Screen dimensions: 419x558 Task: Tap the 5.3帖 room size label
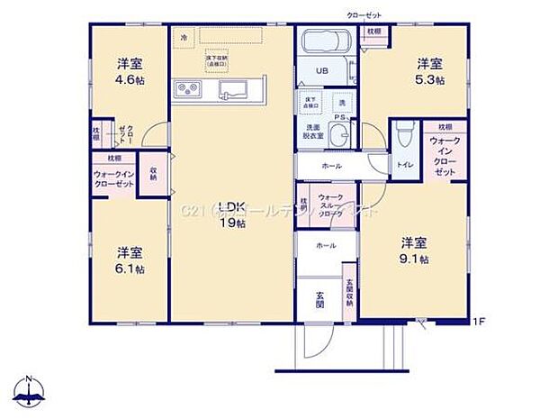pyautogui.click(x=429, y=80)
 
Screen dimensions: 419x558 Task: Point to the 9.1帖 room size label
pyautogui.click(x=414, y=260)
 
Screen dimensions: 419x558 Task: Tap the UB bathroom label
pyautogui.click(x=321, y=70)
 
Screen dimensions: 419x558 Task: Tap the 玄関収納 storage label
pyautogui.click(x=350, y=291)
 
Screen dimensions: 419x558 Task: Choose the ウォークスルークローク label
pyautogui.click(x=331, y=205)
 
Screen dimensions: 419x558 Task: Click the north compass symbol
pyautogui.click(x=30, y=391)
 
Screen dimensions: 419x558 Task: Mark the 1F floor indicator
pyautogui.click(x=479, y=320)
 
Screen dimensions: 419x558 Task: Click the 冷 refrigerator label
pyautogui.click(x=184, y=37)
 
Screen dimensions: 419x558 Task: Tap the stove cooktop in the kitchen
pyautogui.click(x=188, y=88)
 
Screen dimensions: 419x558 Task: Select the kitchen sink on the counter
pyautogui.click(x=229, y=88)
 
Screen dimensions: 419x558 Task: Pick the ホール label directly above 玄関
pyautogui.click(x=325, y=245)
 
